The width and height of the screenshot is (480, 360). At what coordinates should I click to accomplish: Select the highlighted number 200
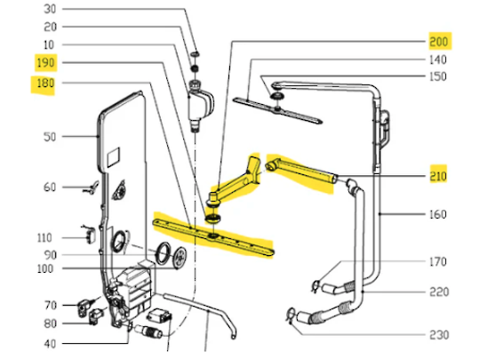439,41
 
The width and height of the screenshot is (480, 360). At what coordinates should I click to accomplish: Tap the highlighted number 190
44,63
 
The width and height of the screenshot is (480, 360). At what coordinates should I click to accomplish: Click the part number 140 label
438,60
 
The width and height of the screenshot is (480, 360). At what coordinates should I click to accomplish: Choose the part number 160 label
437,214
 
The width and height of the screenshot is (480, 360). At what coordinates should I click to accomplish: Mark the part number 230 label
439,335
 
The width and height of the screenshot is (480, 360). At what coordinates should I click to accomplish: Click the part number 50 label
49,137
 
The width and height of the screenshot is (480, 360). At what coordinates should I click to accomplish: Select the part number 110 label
45,237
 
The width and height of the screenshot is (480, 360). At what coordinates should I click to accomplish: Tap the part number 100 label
45,268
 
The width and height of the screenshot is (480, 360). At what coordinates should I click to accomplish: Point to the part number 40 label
49,343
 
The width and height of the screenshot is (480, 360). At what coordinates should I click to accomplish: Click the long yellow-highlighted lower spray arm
213,236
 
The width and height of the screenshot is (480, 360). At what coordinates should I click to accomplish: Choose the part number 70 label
49,305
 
